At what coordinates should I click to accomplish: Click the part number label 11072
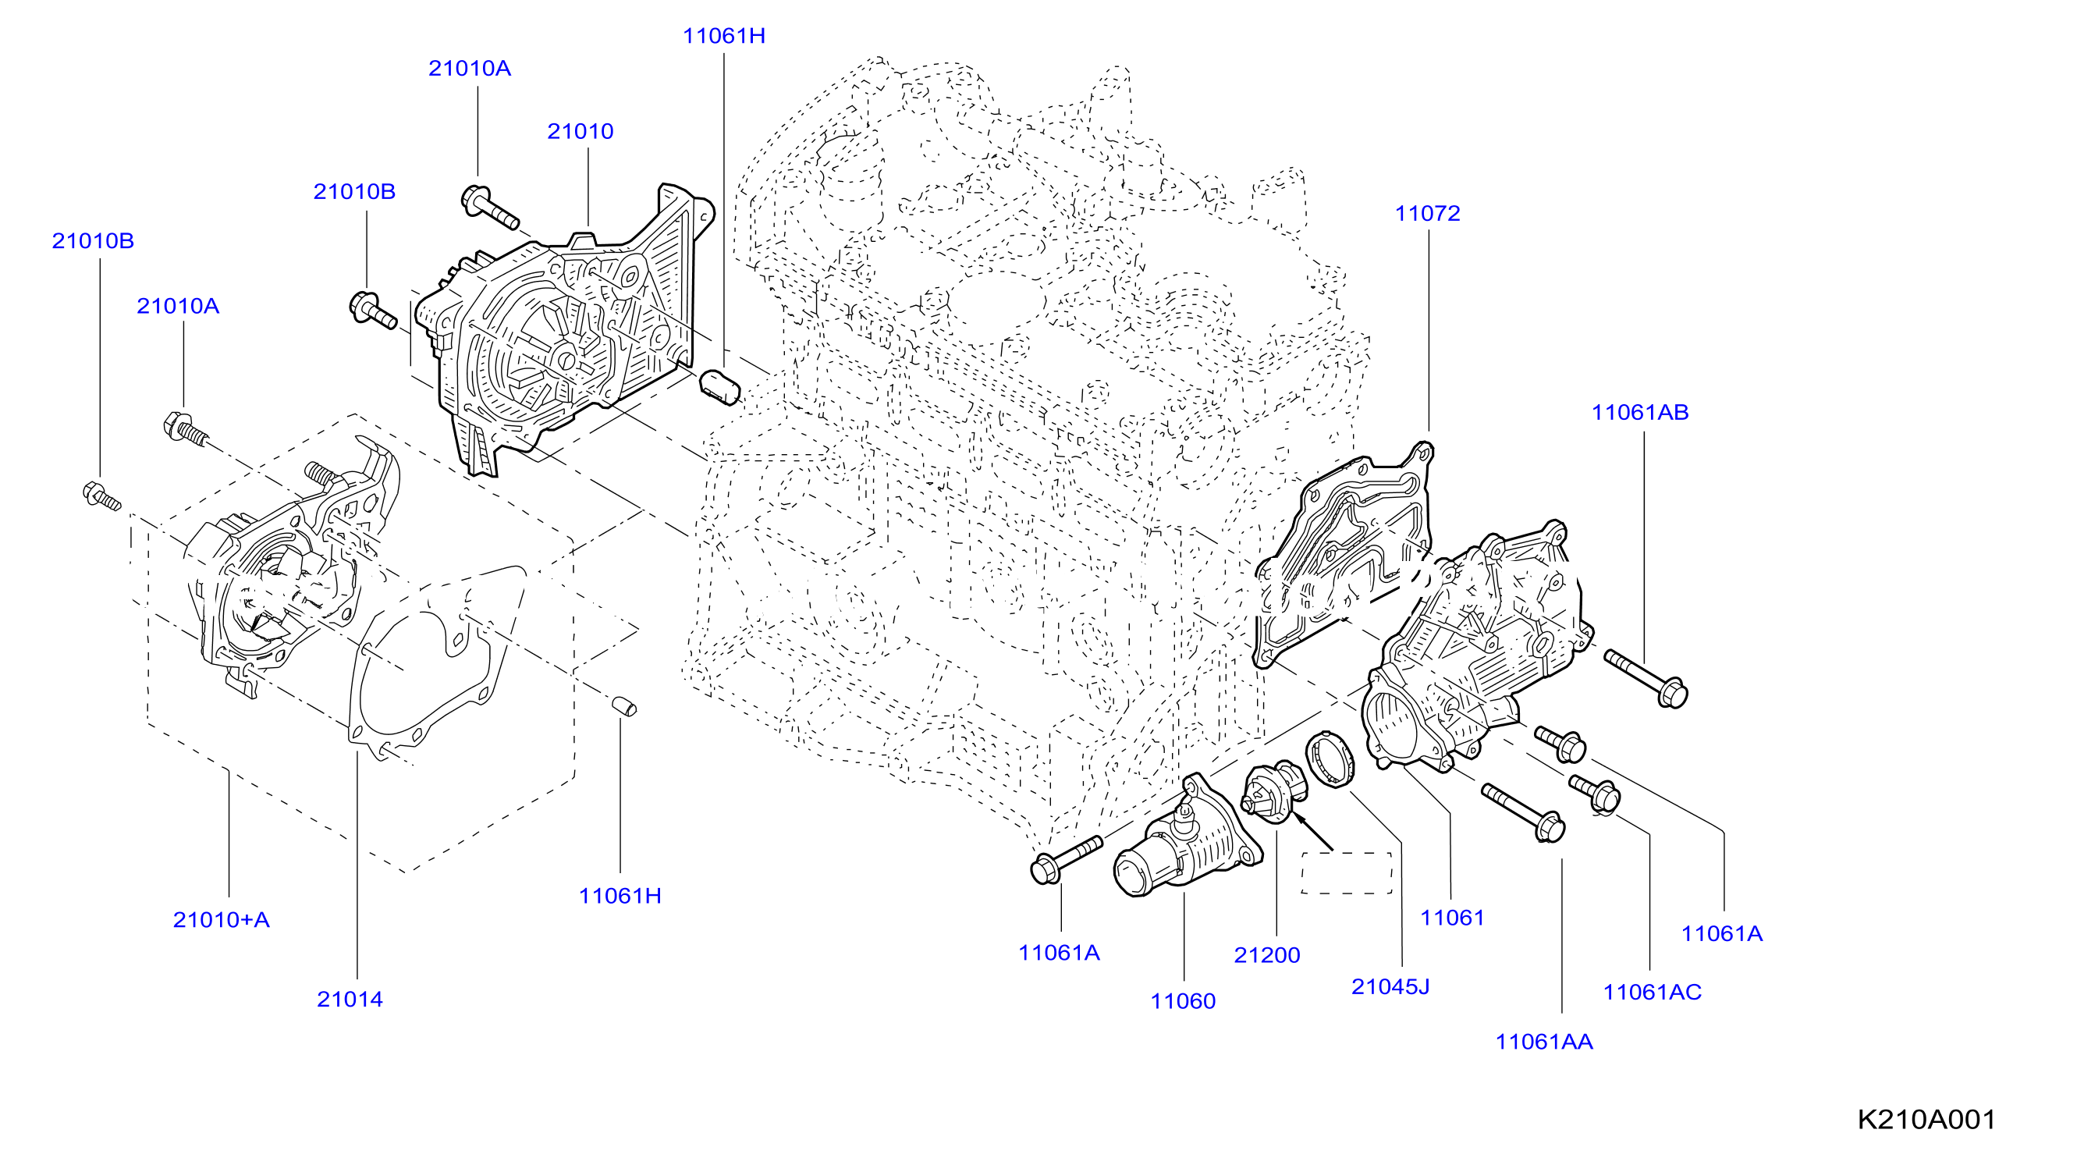click(1427, 214)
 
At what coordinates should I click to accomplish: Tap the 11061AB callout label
click(1639, 413)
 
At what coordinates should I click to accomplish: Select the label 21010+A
click(221, 919)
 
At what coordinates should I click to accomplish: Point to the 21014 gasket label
click(349, 999)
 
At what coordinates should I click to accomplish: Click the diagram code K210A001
click(1926, 1119)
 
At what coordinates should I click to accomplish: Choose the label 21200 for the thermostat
click(1266, 955)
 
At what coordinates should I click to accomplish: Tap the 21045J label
click(1390, 986)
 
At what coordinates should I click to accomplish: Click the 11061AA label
click(1544, 1042)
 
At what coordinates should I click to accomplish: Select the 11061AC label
click(1652, 992)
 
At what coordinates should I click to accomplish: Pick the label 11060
click(1182, 1002)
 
